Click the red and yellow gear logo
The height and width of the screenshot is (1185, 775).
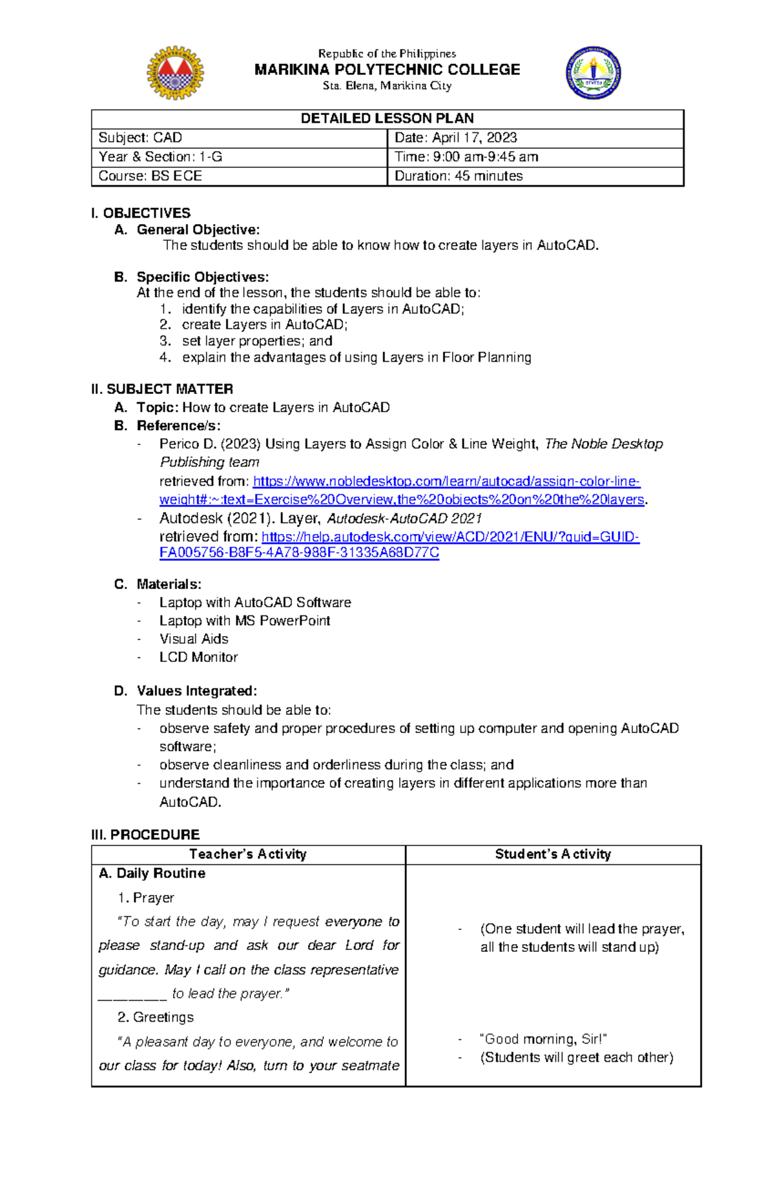point(175,73)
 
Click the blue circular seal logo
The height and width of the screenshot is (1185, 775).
point(594,73)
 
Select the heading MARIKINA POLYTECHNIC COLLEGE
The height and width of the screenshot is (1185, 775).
point(387,70)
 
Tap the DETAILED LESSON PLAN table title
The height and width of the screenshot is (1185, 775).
point(387,119)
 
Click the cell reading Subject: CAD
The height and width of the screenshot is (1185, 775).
point(140,138)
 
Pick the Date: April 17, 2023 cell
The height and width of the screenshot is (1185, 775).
point(455,138)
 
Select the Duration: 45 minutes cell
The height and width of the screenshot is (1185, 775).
point(459,176)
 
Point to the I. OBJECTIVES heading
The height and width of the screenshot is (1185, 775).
point(141,213)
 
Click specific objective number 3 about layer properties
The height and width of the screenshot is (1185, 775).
point(256,341)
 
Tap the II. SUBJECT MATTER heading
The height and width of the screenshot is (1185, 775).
point(162,389)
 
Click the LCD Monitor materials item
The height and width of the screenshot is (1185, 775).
point(198,657)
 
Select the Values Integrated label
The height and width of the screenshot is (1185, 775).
point(196,692)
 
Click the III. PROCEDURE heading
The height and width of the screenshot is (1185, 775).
point(145,835)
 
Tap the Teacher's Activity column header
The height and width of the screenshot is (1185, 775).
point(248,854)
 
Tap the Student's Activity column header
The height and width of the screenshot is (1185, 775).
point(553,854)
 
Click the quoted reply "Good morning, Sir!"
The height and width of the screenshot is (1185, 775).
point(543,1039)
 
